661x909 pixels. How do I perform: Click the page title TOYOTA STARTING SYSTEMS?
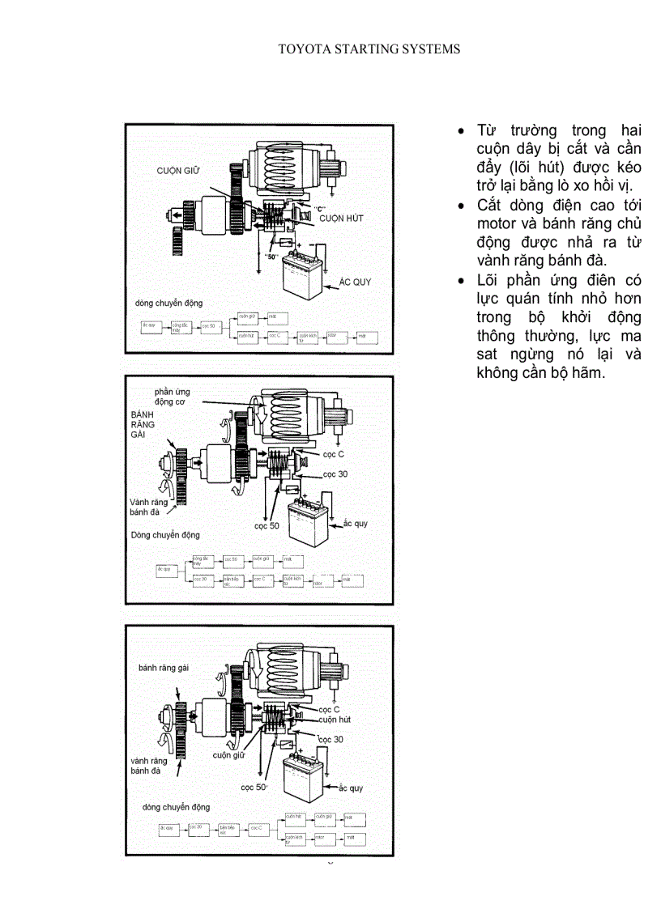[x=369, y=49]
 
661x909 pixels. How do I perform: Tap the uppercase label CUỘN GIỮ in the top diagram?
[x=178, y=171]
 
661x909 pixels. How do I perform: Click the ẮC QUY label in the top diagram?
[x=356, y=282]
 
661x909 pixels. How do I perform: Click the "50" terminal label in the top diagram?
[x=271, y=257]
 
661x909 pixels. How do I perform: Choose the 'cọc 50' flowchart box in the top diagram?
[x=209, y=326]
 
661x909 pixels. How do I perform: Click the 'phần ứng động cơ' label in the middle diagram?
[x=172, y=397]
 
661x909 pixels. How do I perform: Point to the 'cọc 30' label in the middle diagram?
[x=335, y=474]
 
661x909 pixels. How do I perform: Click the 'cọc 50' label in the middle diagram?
[x=267, y=525]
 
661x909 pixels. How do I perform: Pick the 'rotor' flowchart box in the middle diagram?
[x=321, y=581]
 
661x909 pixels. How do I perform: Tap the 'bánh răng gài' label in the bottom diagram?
[x=162, y=667]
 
